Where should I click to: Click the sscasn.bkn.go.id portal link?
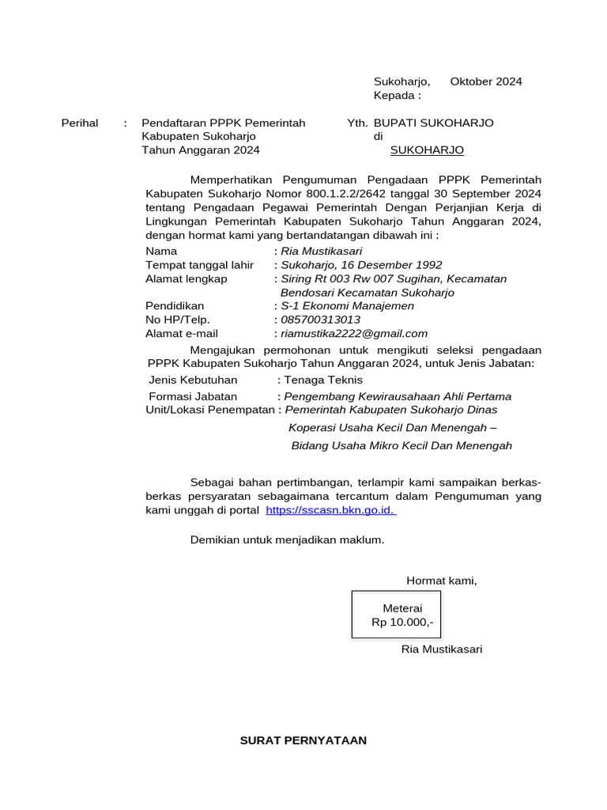click(330, 510)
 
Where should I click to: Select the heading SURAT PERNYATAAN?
click(303, 740)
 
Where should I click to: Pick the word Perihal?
click(80, 123)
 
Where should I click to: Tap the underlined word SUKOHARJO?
click(428, 150)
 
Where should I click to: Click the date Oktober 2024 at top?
click(486, 81)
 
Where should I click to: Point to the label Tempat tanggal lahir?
click(200, 265)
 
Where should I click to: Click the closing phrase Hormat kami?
click(442, 581)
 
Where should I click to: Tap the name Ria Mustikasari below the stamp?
click(442, 649)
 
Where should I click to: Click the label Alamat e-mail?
click(182, 334)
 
